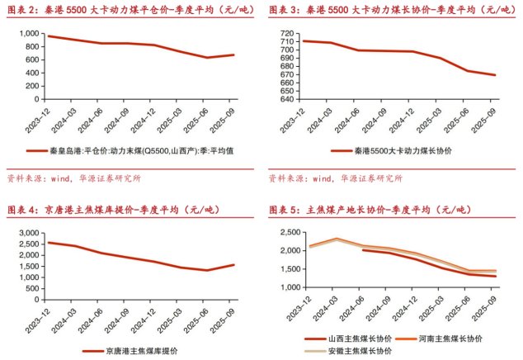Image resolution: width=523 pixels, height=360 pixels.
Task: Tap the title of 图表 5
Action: coord(367,209)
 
